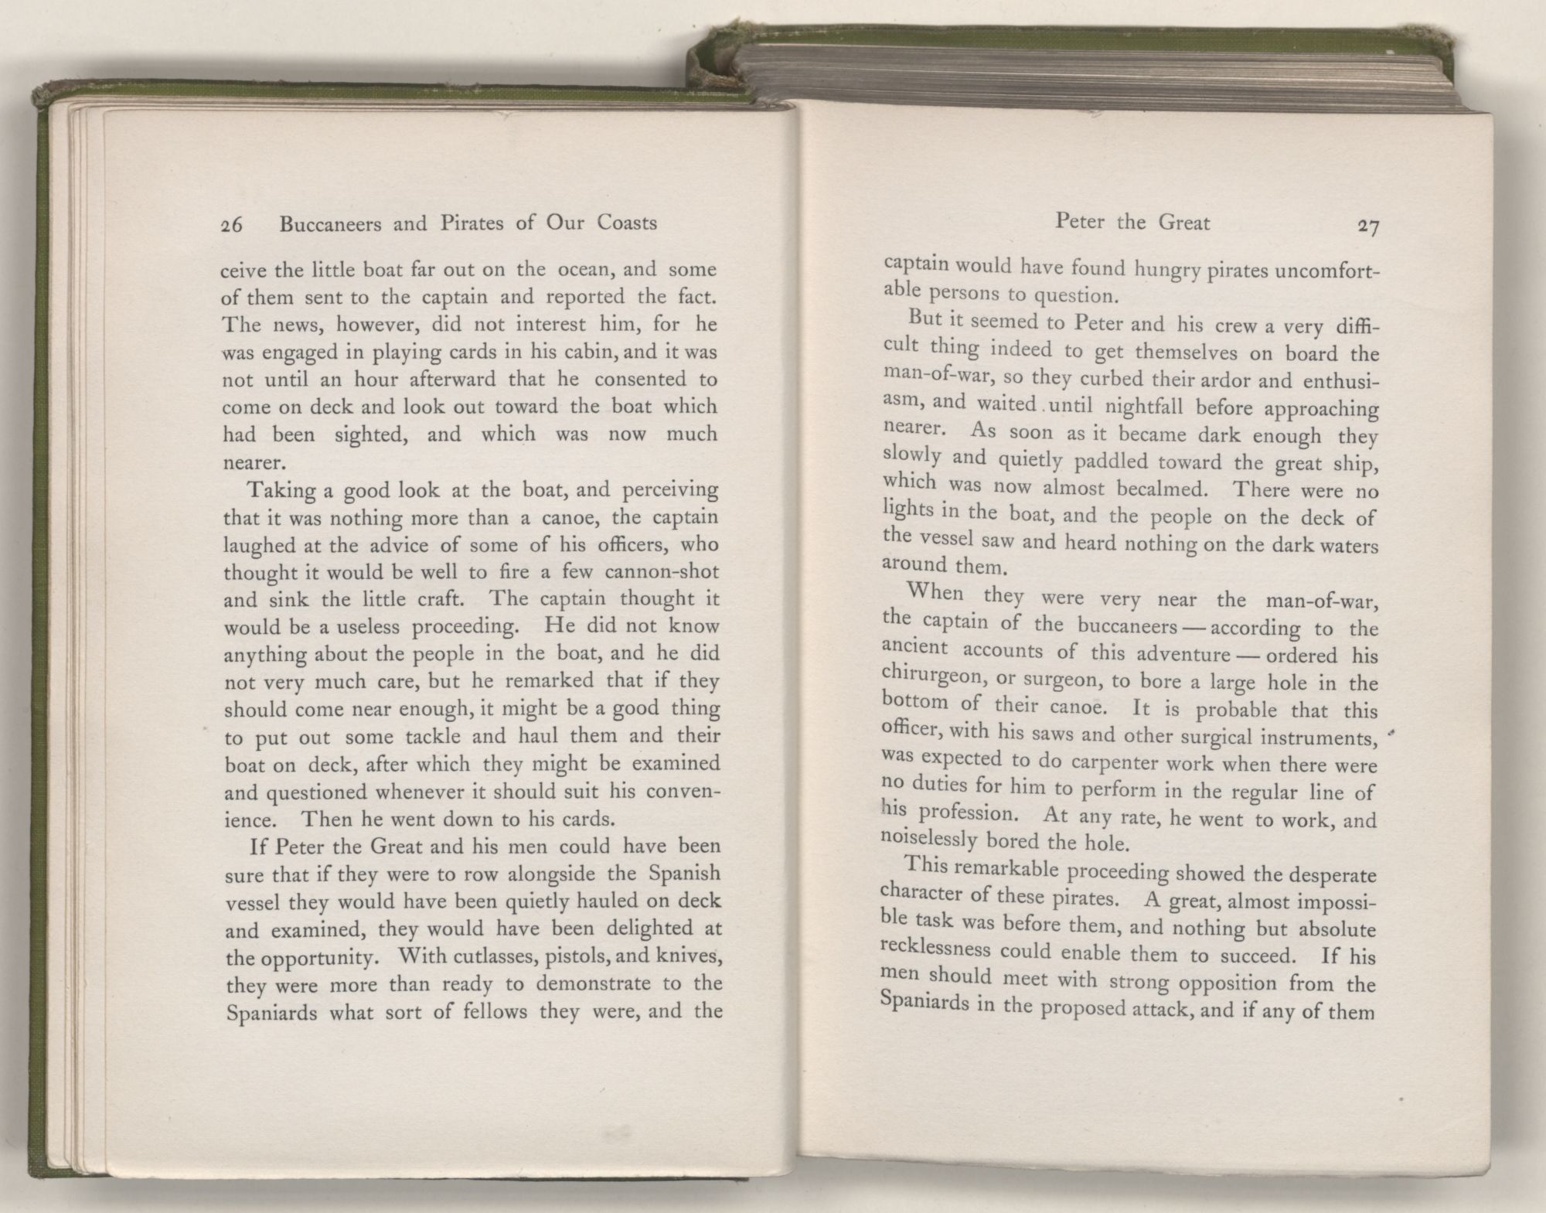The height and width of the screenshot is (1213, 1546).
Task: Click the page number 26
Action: tap(232, 225)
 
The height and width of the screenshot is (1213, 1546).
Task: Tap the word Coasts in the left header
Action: tap(627, 223)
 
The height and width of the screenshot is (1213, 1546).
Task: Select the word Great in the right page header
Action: tap(1183, 223)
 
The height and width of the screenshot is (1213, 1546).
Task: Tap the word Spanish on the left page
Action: tap(684, 874)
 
